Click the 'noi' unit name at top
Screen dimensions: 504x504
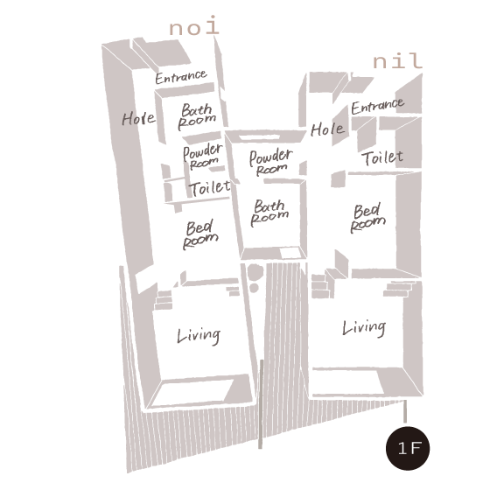coord(194,25)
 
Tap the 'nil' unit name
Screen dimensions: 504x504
coord(397,60)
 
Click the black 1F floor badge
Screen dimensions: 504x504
coord(408,448)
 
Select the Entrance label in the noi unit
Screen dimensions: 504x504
coord(181,77)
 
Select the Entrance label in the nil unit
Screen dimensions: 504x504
coord(378,106)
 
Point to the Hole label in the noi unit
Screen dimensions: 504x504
coord(138,119)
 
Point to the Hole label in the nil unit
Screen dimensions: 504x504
coord(327,129)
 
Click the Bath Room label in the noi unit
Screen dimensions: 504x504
coord(197,116)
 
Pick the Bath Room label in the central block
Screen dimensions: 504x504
coord(269,213)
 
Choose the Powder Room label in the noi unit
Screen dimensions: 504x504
coord(202,156)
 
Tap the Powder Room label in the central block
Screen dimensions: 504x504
coord(271,162)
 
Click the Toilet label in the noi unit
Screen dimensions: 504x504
coord(210,188)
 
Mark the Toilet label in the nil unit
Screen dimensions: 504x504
coord(382,157)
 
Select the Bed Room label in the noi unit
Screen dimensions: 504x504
coord(200,234)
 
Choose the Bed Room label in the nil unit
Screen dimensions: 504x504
coord(367,217)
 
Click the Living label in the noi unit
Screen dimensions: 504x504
coord(199,336)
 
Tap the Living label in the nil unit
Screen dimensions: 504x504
coord(364,328)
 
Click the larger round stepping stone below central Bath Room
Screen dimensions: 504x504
coord(255,272)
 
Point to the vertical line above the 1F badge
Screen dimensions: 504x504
coord(405,411)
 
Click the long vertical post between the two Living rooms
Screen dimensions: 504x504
coord(261,403)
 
